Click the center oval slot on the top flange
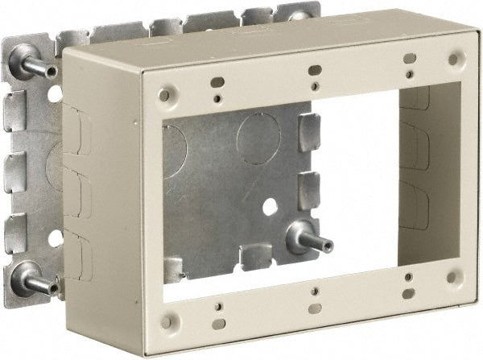point(315,70)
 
